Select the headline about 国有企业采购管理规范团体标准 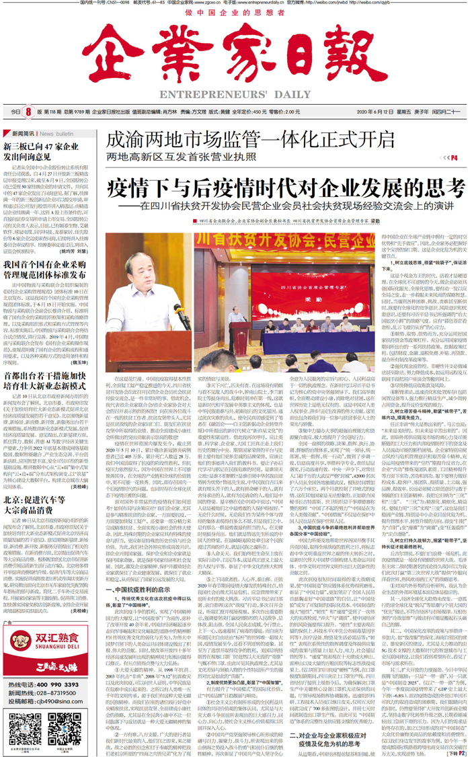pyautogui.click(x=46, y=270)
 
